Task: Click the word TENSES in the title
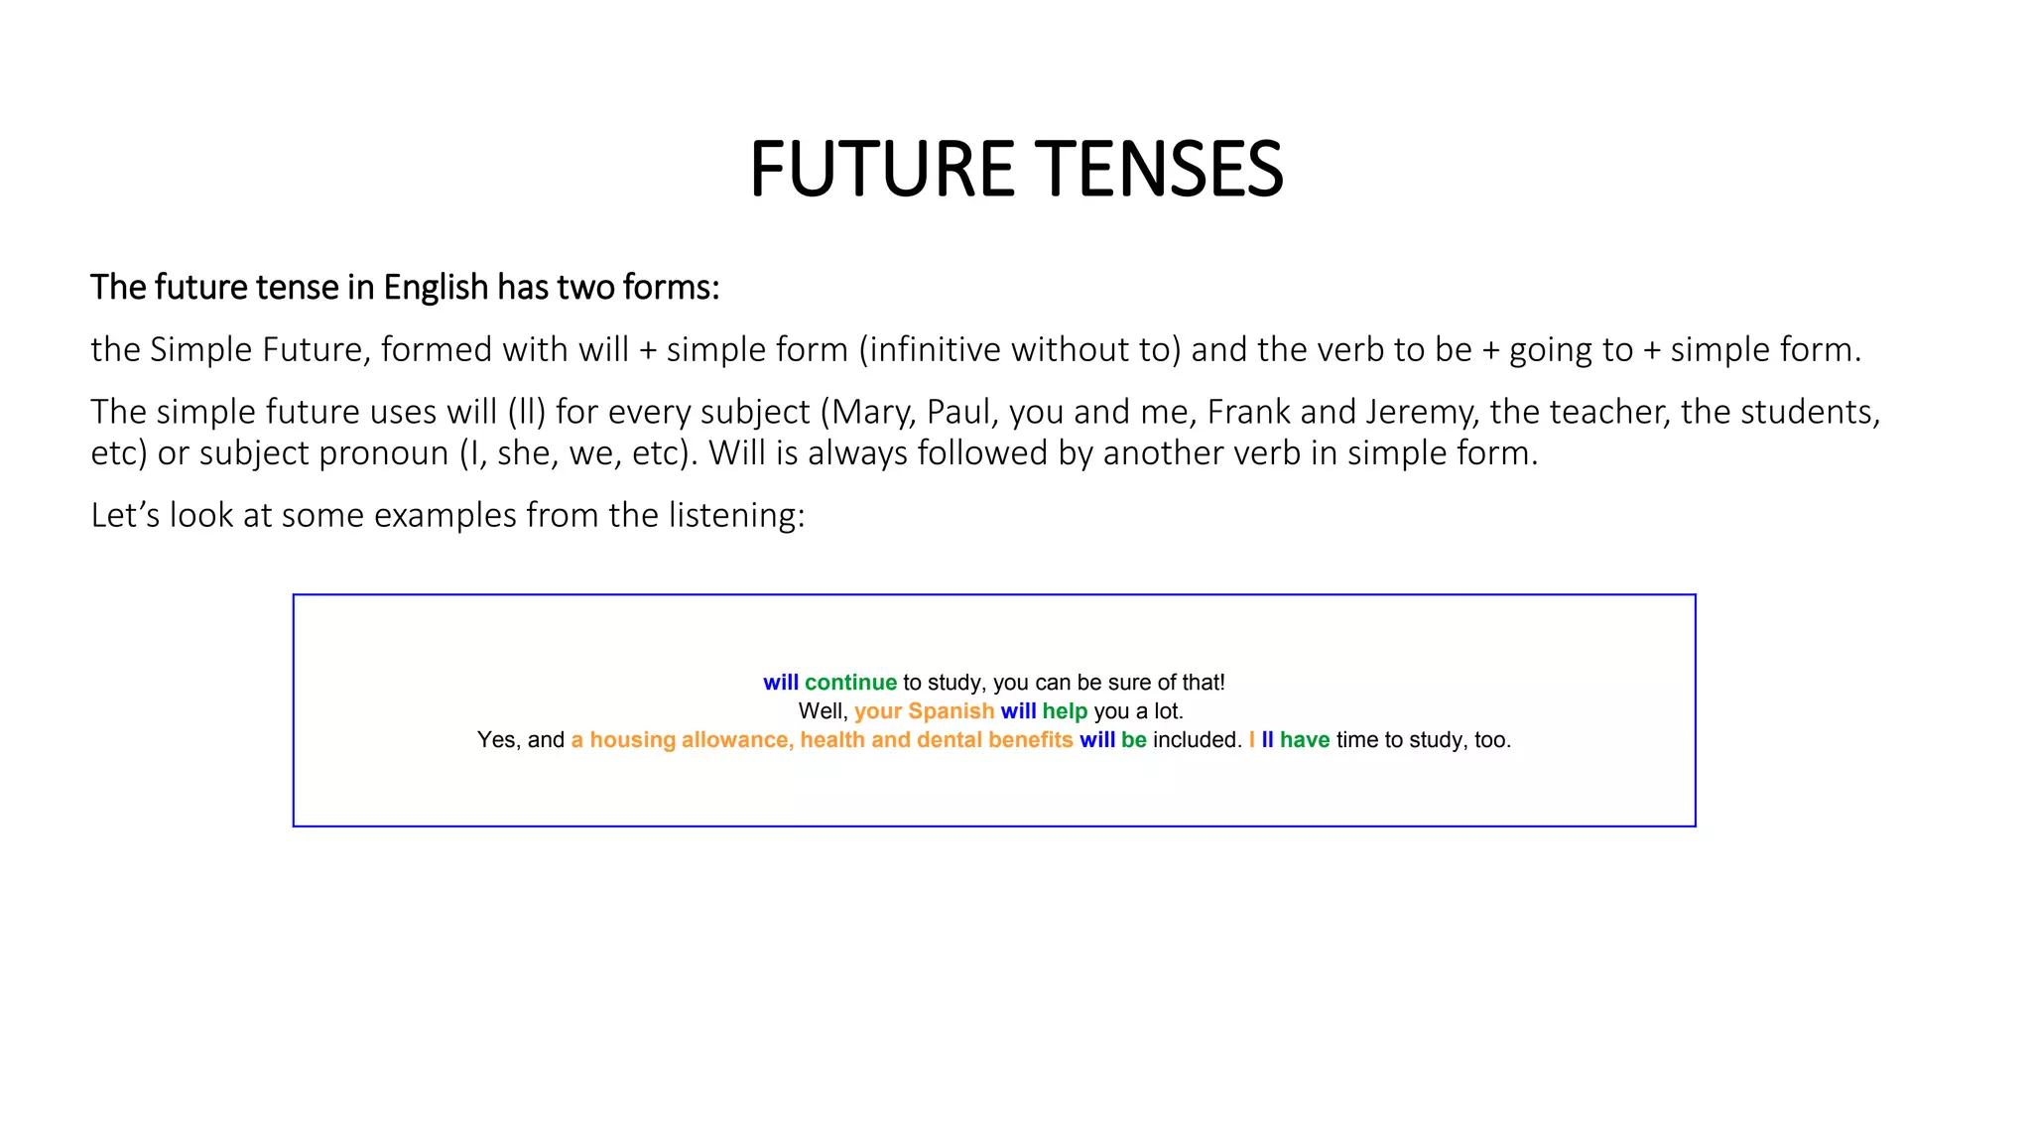[x=1159, y=169]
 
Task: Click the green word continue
[x=850, y=683]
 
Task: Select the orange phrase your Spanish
[x=924, y=711]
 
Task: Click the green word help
[x=1065, y=711]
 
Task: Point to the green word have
[x=1305, y=740]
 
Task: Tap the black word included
[x=1197, y=740]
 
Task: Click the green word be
[x=1134, y=740]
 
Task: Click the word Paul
[x=957, y=412]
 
